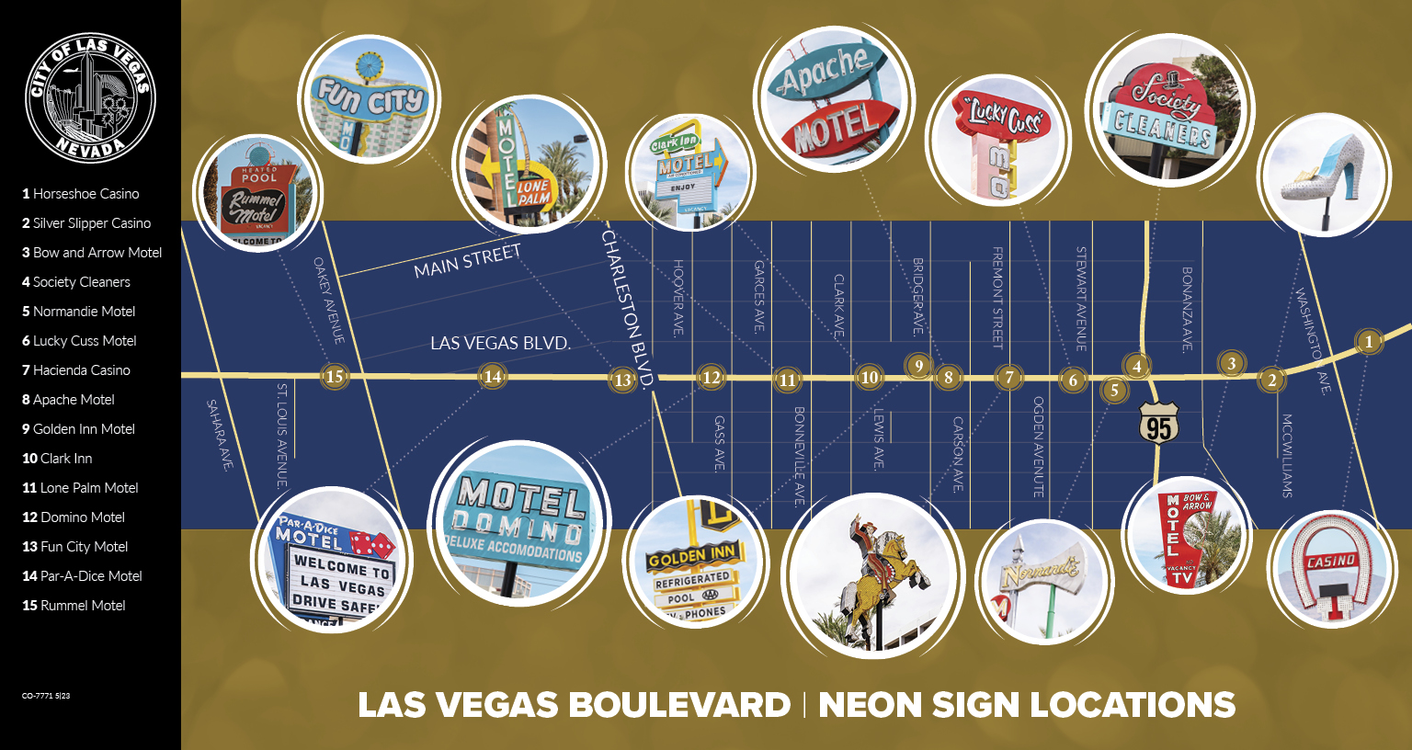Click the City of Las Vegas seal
[x=90, y=98]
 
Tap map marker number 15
[x=335, y=375]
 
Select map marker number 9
[x=918, y=366]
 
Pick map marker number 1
[x=1368, y=342]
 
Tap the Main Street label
[x=467, y=261]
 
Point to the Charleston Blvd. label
[x=628, y=308]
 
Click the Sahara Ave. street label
[x=218, y=435]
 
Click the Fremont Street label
[x=997, y=297]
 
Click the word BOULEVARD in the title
[x=679, y=705]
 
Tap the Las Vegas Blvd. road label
[x=500, y=344]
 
